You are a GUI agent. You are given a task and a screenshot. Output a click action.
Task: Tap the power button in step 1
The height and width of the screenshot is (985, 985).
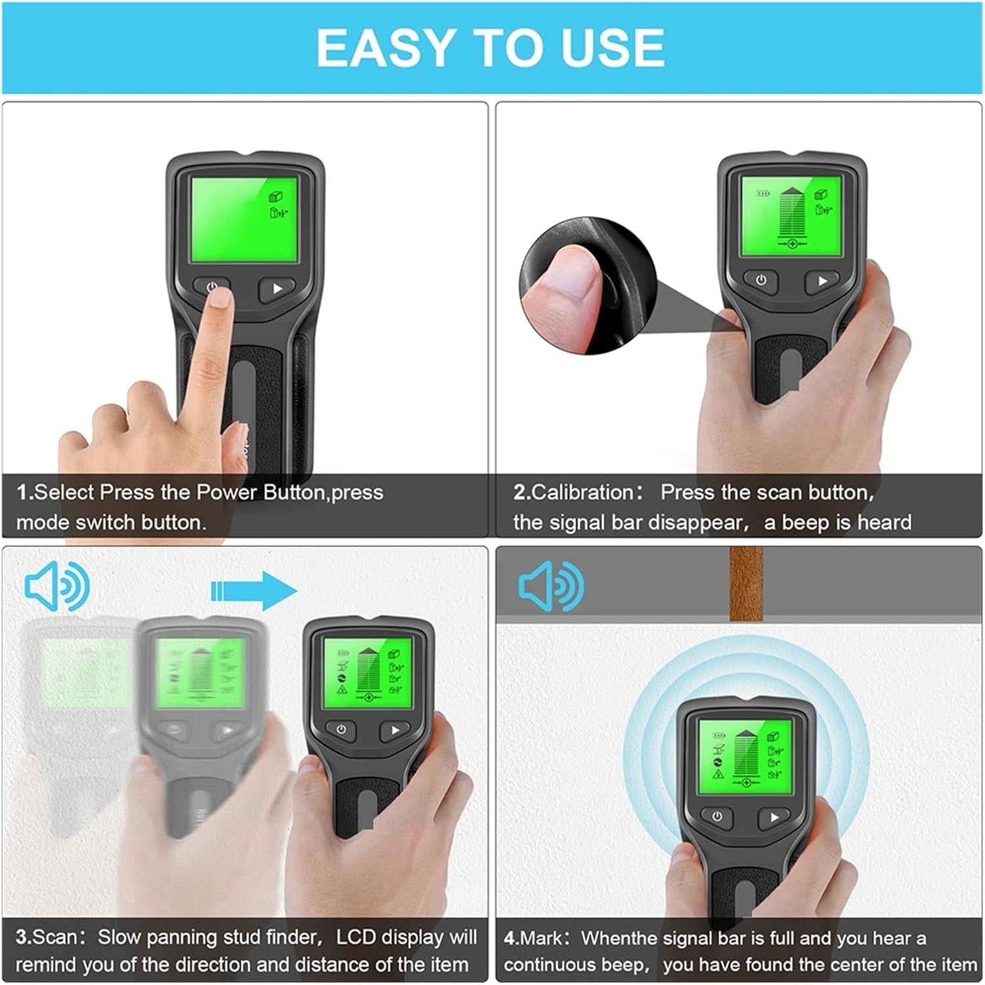[x=211, y=287]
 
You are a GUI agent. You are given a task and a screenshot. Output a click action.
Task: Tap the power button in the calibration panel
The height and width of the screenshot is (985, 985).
[x=760, y=280]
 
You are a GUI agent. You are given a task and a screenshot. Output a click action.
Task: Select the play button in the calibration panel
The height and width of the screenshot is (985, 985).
[x=822, y=280]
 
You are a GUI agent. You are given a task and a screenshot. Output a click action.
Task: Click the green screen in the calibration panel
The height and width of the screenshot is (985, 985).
[x=791, y=217]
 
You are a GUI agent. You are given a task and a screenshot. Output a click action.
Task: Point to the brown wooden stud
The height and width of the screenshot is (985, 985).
[x=745, y=584]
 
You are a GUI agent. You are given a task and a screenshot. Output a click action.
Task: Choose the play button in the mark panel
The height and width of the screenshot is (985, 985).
[x=774, y=818]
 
